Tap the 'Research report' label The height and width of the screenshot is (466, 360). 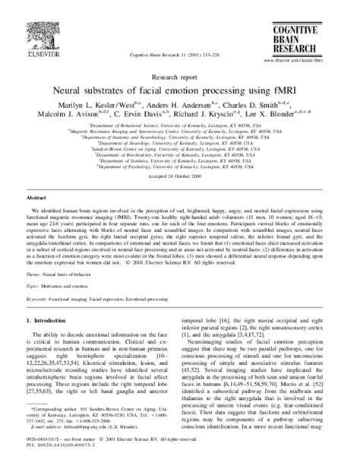[180, 76]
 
